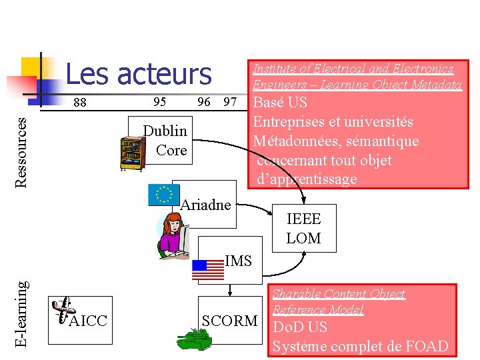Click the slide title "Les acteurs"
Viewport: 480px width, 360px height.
point(139,74)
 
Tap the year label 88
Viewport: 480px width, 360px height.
point(80,103)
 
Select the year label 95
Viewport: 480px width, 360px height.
point(160,102)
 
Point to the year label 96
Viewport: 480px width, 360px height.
point(204,102)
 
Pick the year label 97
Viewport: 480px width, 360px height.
point(230,102)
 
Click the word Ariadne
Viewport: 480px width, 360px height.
point(206,205)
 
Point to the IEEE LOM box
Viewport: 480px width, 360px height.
point(303,228)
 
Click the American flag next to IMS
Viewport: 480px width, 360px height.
point(208,269)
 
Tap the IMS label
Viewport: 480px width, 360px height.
point(238,261)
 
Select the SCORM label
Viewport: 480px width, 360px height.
point(229,321)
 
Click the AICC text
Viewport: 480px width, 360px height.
point(88,321)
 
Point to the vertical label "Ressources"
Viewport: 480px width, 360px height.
point(22,151)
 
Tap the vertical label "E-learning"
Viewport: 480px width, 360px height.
point(22,313)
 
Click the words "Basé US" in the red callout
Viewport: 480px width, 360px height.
point(281,103)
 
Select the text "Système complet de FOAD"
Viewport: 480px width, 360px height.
point(361,347)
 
